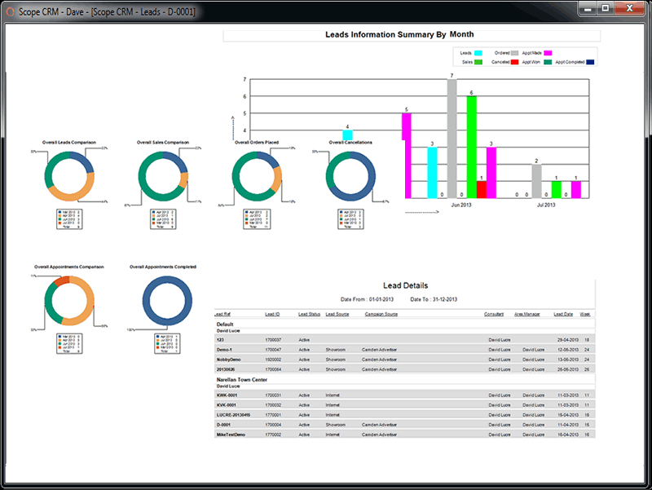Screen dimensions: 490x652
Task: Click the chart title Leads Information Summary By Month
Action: (399, 35)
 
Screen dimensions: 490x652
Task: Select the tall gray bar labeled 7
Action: (452, 139)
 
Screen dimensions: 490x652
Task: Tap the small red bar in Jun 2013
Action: (481, 189)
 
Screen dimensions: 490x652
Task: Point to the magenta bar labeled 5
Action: (406, 155)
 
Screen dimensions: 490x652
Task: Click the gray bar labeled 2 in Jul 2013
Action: (536, 181)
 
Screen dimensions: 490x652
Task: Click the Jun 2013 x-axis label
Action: (461, 205)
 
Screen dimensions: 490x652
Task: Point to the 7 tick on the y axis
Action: (244, 80)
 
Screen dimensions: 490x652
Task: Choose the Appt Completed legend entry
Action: (570, 62)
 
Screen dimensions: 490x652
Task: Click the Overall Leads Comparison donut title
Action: (72, 142)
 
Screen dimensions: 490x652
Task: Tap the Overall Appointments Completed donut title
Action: (163, 267)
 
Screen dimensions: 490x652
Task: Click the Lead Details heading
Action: (405, 285)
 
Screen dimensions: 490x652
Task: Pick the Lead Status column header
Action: (309, 314)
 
